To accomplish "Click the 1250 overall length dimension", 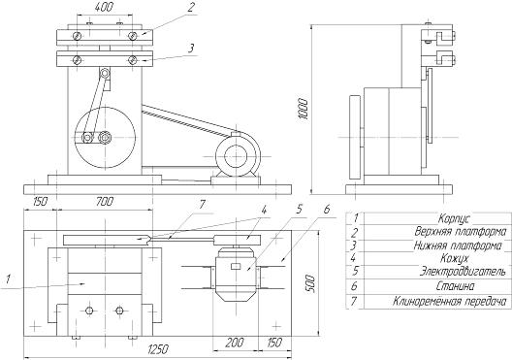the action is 158,349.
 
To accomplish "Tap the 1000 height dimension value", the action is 304,109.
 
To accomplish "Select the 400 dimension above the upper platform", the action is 104,7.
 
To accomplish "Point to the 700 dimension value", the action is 105,201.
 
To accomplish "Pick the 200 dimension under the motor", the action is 235,343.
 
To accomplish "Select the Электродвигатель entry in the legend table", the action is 463,271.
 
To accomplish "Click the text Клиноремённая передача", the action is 451,301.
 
